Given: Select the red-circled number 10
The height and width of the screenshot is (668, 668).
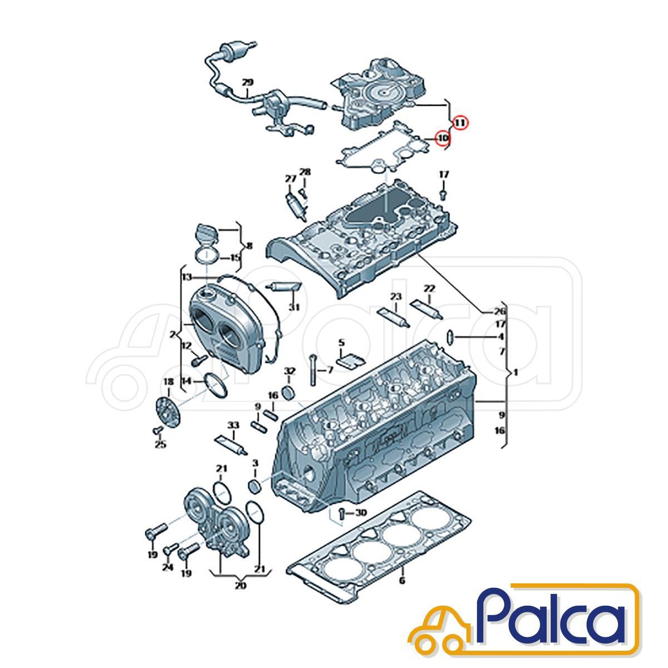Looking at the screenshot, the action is tap(443, 138).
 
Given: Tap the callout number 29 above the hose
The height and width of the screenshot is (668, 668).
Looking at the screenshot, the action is tap(247, 82).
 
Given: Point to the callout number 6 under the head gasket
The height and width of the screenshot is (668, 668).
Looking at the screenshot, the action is tap(402, 580).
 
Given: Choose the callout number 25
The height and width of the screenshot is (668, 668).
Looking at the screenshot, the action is tap(160, 444).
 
